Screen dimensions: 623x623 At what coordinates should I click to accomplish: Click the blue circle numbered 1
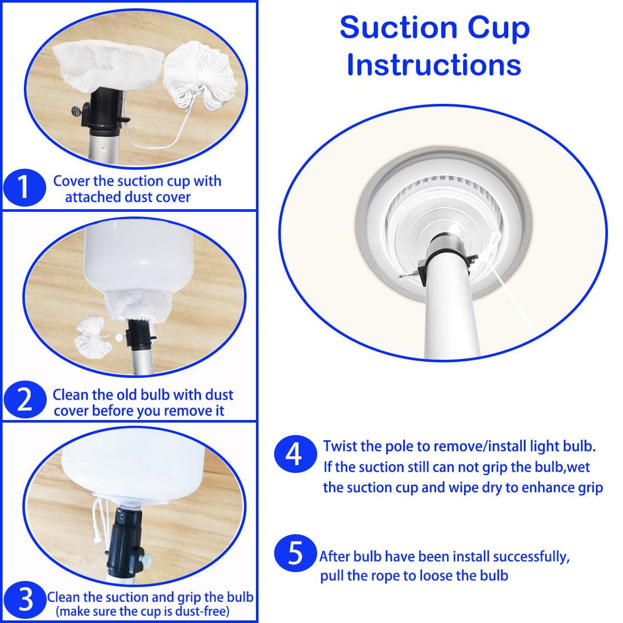(24, 187)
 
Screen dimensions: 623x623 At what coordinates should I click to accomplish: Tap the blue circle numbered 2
(25, 400)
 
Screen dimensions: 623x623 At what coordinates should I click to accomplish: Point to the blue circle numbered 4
(295, 454)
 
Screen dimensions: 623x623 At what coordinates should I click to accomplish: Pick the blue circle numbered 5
(295, 553)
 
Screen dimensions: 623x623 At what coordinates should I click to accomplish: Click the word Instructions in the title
(434, 65)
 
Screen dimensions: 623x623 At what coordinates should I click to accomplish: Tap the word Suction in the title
(399, 28)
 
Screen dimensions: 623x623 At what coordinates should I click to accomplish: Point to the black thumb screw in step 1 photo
(79, 111)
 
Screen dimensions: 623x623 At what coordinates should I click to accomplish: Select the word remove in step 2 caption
(186, 411)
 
